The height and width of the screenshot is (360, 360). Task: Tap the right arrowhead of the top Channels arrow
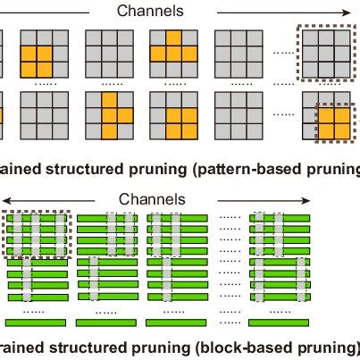click(x=347, y=11)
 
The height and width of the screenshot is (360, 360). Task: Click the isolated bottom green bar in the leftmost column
click(x=37, y=321)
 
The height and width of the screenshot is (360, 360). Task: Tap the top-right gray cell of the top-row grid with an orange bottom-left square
click(x=61, y=38)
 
